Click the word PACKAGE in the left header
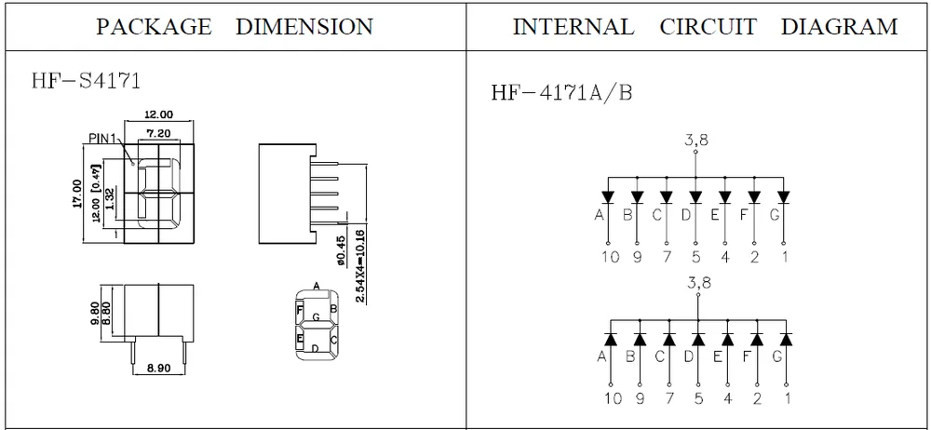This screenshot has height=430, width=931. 155,27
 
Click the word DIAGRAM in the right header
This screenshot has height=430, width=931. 840,27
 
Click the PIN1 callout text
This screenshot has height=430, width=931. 105,138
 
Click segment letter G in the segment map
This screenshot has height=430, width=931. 317,317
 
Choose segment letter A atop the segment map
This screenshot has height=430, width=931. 317,286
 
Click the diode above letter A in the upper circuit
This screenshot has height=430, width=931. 609,196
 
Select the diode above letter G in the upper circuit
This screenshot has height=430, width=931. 784,196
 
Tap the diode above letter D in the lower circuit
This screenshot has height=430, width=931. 696,339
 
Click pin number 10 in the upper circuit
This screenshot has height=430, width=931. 609,257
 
